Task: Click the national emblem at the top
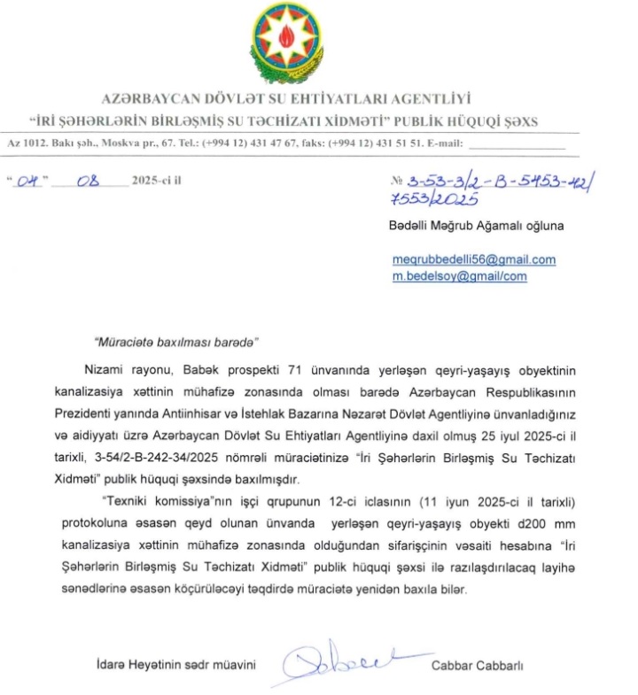(289, 41)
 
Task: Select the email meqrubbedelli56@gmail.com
(473, 259)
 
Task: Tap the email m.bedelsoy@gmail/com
(459, 275)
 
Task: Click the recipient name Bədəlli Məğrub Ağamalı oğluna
(476, 226)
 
